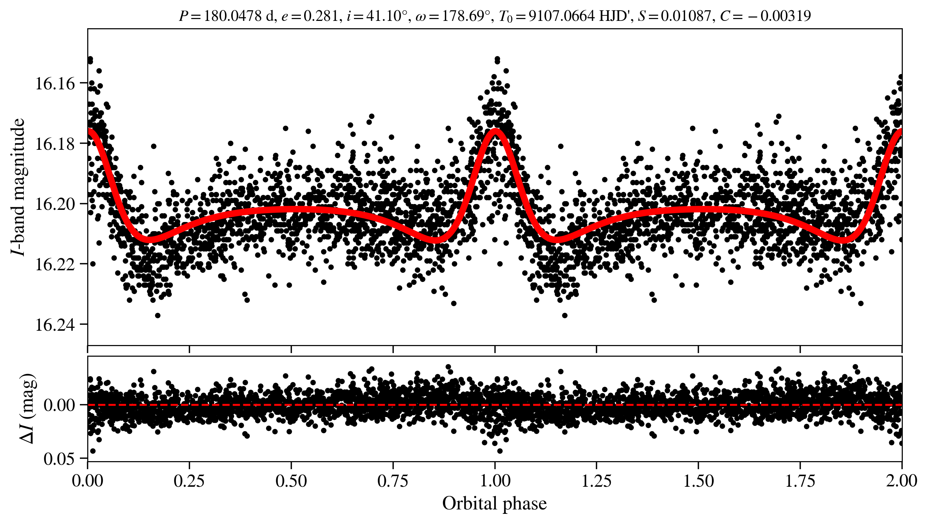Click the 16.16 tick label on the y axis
(55, 84)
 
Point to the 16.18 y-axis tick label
(55, 144)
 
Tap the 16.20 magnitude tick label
(55, 204)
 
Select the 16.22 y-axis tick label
(55, 264)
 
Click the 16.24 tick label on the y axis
(55, 325)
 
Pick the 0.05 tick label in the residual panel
(59, 459)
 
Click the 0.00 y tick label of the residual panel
(59, 405)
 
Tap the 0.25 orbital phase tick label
(189, 481)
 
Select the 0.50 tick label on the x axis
(291, 481)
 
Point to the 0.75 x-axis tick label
(393, 481)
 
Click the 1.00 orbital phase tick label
(495, 481)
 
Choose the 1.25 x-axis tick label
(597, 481)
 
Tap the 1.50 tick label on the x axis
(698, 481)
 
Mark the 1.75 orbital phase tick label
(800, 481)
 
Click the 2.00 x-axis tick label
(902, 481)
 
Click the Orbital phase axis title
(494, 504)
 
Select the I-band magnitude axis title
(18, 187)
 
